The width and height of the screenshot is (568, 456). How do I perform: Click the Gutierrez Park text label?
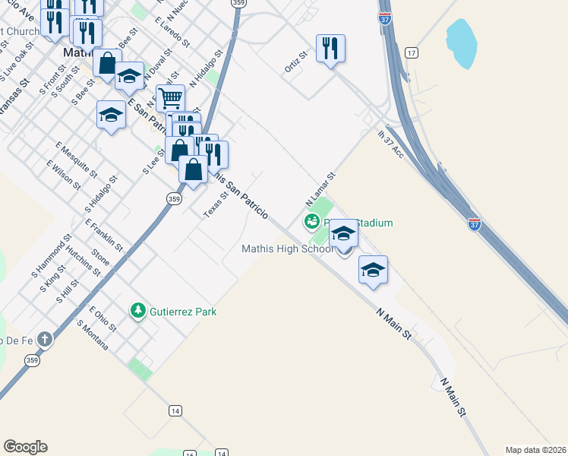point(183,312)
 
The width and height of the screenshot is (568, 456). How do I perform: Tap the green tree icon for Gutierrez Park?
point(137,310)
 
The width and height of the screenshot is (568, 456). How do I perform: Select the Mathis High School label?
point(287,249)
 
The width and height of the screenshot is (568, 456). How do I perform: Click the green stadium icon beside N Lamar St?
point(311,222)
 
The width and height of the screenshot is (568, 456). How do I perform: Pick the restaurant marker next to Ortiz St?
point(330,49)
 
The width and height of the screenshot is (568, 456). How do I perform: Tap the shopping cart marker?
point(170,98)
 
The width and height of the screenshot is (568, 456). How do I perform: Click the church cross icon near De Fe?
point(45,339)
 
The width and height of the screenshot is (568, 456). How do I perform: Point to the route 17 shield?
point(411,52)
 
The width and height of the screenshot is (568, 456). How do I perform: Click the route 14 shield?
point(175,410)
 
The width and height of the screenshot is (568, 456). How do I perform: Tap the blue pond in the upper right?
point(461,43)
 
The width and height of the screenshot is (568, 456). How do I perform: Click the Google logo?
point(25,447)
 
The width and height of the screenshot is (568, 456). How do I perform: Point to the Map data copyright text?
point(535,449)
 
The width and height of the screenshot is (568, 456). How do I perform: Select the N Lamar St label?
point(320,190)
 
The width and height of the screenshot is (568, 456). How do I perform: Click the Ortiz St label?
point(295,63)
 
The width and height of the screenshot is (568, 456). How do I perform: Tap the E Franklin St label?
point(104,236)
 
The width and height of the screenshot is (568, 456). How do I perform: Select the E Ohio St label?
point(103,319)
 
